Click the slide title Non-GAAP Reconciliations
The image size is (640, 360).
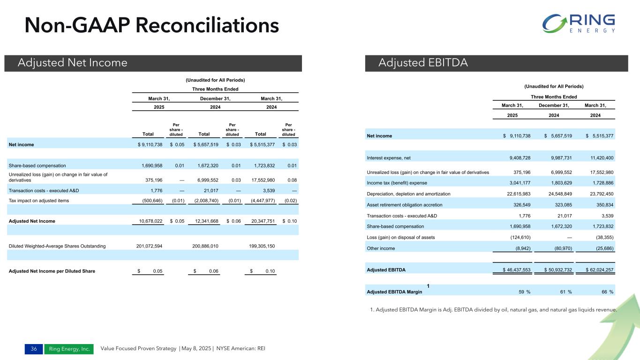[152, 25]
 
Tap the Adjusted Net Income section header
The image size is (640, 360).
[72, 63]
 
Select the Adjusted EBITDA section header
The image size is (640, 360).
[423, 63]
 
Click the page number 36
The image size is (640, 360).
[34, 349]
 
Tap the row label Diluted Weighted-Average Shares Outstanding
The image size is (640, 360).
[57, 246]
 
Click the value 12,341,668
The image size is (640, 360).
[203, 221]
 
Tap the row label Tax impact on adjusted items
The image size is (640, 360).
[39, 201]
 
